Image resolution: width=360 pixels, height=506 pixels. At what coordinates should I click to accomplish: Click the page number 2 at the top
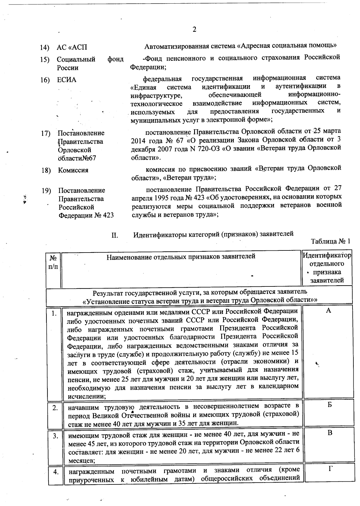click(x=194, y=29)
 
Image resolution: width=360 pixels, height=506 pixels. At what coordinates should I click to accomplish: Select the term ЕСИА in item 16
click(x=67, y=80)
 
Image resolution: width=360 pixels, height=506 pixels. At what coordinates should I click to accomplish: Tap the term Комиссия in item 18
click(x=73, y=170)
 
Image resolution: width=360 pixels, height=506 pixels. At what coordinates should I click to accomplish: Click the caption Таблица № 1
click(x=331, y=241)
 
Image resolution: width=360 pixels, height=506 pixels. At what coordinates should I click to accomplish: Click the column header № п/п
click(x=53, y=262)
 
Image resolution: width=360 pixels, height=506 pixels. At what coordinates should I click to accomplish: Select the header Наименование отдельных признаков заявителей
click(x=181, y=256)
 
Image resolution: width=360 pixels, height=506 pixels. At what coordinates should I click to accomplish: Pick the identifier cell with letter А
click(x=328, y=311)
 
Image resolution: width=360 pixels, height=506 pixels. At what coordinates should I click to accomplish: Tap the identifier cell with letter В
click(x=330, y=433)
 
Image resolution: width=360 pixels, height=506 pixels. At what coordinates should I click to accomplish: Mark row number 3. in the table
click(x=55, y=436)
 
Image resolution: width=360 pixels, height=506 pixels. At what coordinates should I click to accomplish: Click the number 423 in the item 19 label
click(x=108, y=215)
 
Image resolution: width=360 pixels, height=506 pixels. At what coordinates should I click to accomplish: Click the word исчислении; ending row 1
click(x=86, y=396)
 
